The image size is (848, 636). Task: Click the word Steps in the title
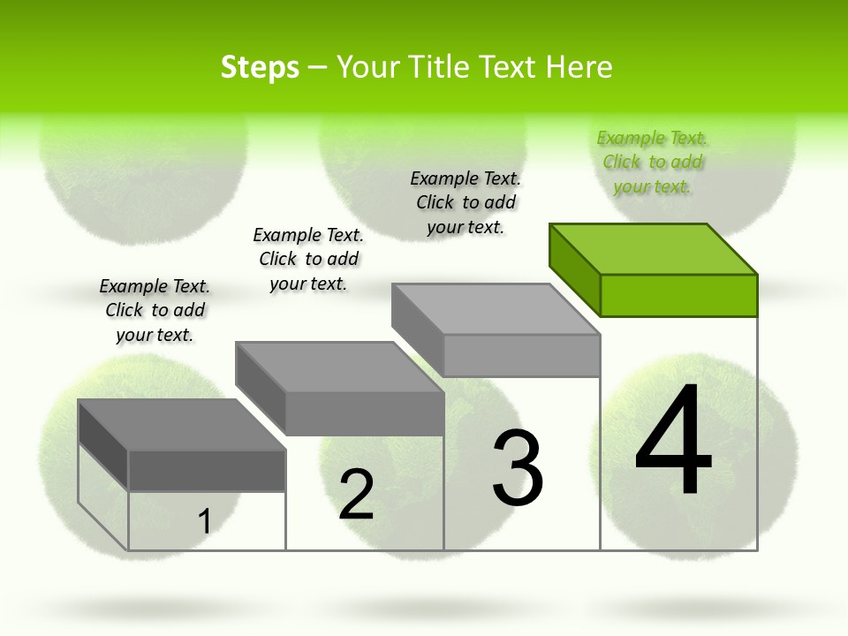click(260, 68)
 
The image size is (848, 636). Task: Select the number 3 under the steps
click(517, 468)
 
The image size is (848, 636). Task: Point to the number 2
click(356, 495)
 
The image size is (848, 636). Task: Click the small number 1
click(205, 521)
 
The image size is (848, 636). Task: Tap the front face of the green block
click(678, 295)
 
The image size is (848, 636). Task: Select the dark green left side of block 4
click(574, 269)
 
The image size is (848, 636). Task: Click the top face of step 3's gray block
click(496, 308)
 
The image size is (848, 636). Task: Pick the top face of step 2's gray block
click(339, 367)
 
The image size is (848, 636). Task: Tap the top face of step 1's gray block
click(181, 424)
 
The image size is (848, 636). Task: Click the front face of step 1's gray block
click(207, 470)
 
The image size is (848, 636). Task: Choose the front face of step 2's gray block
click(364, 413)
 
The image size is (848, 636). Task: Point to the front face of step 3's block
click(521, 355)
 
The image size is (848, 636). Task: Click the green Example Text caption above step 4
click(653, 162)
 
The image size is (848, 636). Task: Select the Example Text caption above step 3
click(466, 202)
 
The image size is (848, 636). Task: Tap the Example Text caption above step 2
click(308, 259)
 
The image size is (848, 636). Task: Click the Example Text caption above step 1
click(155, 310)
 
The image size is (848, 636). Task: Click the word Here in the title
click(579, 68)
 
